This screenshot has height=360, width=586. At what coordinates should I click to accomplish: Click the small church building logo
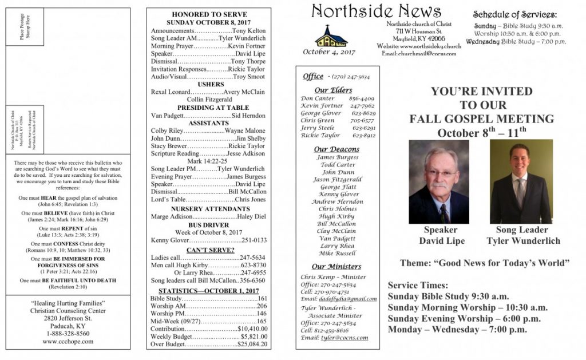[x=331, y=36]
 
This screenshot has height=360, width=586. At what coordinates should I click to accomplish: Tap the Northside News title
[x=376, y=11]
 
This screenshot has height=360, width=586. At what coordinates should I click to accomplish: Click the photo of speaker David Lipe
[x=439, y=181]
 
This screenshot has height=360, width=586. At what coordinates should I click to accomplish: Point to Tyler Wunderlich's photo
[x=521, y=181]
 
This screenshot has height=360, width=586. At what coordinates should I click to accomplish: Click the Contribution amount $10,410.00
[x=252, y=329]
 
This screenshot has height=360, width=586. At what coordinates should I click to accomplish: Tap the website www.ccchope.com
[x=68, y=341]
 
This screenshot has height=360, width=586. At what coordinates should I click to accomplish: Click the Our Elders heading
[x=333, y=90]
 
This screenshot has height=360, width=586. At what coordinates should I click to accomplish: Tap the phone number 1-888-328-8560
[x=68, y=333]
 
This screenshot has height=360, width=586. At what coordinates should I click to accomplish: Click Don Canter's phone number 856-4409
[x=363, y=98]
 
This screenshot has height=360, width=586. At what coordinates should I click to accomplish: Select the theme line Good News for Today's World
[x=485, y=263]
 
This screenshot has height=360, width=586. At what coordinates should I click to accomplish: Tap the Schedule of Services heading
[x=514, y=15]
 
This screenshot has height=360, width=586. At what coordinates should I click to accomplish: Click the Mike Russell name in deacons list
[x=337, y=253]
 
